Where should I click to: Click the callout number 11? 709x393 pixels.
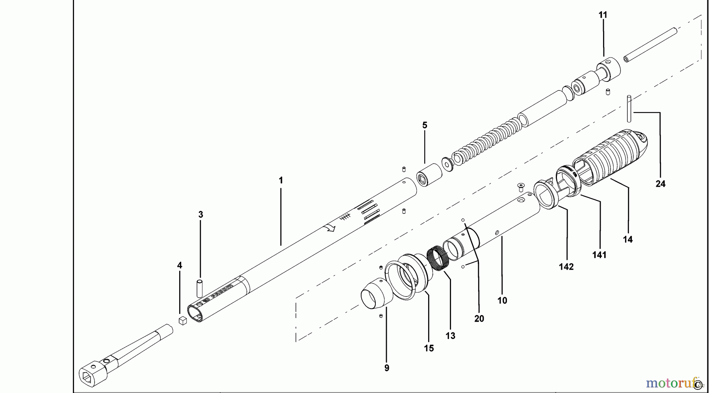[x=603, y=15]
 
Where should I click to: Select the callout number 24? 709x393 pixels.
[x=660, y=184]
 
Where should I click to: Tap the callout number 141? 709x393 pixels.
[x=599, y=255]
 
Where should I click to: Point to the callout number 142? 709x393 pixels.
[x=566, y=267]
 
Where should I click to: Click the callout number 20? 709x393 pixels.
[x=479, y=318]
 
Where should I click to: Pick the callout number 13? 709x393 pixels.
[x=450, y=336]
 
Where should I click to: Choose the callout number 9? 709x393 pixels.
[x=386, y=368]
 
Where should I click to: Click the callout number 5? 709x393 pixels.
[x=424, y=125]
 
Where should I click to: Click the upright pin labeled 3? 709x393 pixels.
[x=200, y=288]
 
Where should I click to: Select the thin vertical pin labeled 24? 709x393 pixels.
[x=629, y=114]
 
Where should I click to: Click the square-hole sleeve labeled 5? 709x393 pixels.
[x=428, y=176]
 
